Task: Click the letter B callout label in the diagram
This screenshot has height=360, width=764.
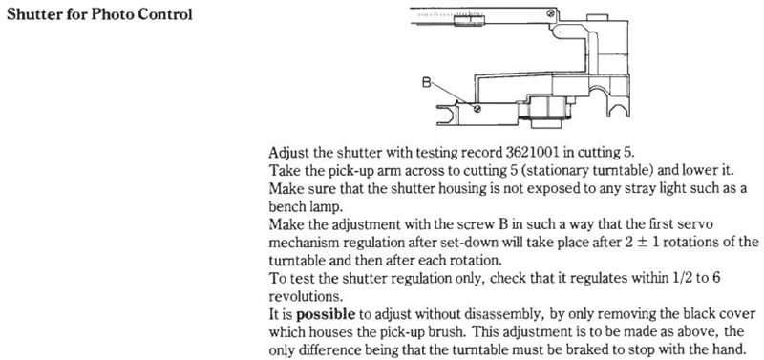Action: point(426,83)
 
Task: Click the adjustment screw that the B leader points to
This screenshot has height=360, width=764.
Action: point(477,109)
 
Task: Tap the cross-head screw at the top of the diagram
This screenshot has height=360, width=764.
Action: point(550,13)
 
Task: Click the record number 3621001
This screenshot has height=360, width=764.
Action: point(530,152)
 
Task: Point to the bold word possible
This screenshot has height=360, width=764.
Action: point(326,315)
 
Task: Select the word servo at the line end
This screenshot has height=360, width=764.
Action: point(698,224)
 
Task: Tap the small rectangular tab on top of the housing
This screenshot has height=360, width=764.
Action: point(598,17)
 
